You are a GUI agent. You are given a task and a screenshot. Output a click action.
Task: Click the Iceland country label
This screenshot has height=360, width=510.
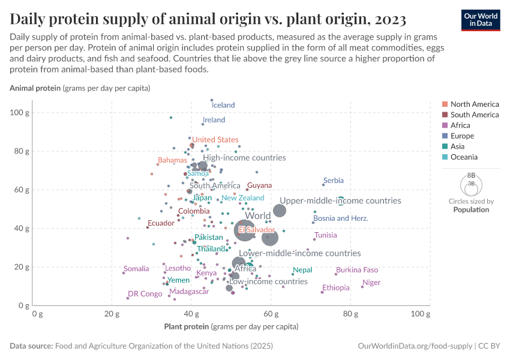click(x=223, y=105)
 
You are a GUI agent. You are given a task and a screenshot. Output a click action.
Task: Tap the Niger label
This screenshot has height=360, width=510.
click(x=371, y=283)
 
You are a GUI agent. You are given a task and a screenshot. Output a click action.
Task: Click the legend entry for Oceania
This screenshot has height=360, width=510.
click(x=464, y=157)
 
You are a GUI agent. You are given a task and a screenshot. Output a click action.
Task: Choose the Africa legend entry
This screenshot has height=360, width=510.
click(x=460, y=125)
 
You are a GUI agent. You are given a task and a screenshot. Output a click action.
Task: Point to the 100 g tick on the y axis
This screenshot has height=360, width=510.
click(x=22, y=113)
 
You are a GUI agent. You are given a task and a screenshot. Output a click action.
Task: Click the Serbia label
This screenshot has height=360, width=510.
click(x=333, y=181)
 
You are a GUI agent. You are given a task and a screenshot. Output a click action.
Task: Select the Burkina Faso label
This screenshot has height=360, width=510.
click(x=357, y=270)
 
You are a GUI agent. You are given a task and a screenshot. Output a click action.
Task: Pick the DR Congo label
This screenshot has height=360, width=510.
click(x=145, y=294)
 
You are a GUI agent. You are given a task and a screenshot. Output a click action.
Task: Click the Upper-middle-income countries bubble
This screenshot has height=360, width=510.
click(x=279, y=211)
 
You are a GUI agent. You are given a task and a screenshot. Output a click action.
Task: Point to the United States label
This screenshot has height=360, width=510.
click(x=215, y=140)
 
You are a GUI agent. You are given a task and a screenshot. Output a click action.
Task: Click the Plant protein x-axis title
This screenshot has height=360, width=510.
click(x=231, y=327)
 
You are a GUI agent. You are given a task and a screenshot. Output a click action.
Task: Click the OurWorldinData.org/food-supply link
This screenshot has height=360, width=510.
click(x=414, y=346)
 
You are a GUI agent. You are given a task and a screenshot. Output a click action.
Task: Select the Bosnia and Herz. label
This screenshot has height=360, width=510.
click(x=341, y=218)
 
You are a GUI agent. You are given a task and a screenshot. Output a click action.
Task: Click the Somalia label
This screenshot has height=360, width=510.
click(x=136, y=269)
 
